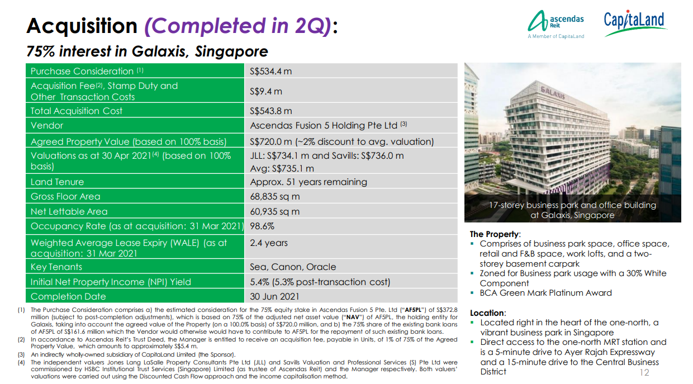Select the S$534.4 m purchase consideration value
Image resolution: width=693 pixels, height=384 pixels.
[271, 71]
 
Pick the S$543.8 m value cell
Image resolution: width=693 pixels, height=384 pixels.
[271, 111]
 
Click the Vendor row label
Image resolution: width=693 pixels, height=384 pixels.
[47, 126]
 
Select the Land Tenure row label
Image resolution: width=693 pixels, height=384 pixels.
[57, 182]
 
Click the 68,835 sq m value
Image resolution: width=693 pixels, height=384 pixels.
[275, 196]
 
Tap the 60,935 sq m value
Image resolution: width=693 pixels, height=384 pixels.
[275, 211]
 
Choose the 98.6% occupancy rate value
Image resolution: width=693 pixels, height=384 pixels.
[262, 226]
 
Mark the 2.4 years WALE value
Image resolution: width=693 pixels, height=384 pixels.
[269, 243]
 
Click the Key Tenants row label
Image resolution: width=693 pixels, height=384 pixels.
[56, 267]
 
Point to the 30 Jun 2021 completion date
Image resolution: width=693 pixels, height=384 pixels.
[274, 296]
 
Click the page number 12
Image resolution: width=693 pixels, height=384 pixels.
[644, 372]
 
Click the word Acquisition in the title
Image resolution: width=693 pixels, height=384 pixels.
[82, 26]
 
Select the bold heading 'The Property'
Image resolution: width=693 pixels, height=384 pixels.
[495, 234]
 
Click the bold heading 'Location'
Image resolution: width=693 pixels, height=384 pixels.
[488, 313]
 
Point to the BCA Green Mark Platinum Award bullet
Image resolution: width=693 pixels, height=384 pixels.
[545, 293]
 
